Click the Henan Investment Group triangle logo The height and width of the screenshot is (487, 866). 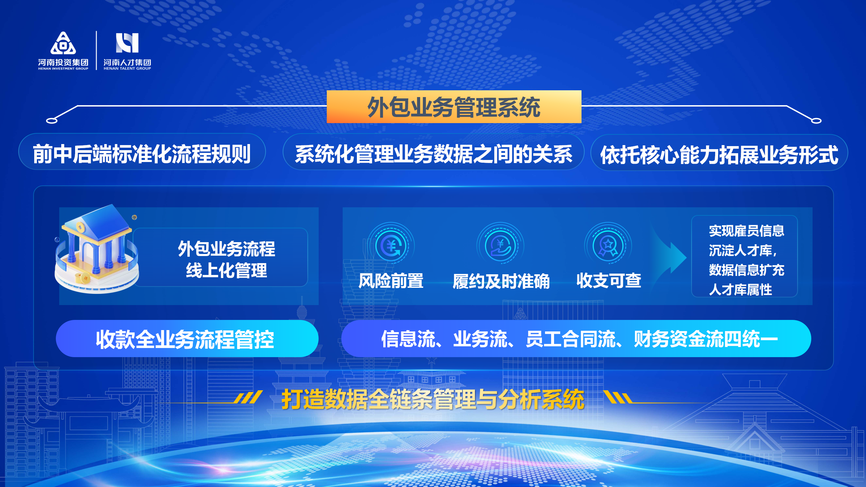coord(63,43)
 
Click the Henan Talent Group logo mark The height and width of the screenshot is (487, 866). coord(127,43)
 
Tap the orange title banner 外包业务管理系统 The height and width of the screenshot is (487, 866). coord(454,107)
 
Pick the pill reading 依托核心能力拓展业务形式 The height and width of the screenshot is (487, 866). coord(719,154)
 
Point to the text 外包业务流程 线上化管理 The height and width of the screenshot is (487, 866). coord(226,259)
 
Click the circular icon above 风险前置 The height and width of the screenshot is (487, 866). coord(391,246)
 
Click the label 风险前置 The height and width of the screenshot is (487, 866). coord(391,281)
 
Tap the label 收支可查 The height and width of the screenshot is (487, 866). coord(609,280)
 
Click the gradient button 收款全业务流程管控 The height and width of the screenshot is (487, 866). coord(187,339)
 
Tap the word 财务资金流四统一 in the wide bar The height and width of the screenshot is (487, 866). coord(706,339)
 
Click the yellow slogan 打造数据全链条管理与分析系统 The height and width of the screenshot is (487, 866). coord(433,399)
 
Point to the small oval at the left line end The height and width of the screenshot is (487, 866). coord(52,121)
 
